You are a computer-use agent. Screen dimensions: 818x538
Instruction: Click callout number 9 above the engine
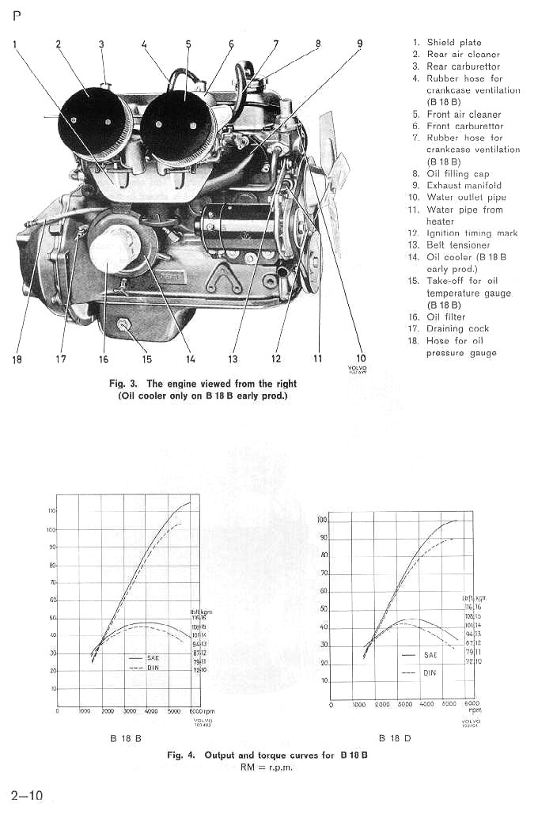coord(360,44)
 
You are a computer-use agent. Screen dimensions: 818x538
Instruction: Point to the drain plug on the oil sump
coord(124,324)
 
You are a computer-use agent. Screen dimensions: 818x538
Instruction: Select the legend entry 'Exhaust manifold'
coord(464,185)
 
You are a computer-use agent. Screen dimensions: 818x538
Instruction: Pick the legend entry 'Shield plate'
coord(453,42)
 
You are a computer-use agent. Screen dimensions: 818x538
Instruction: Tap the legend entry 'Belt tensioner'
coord(458,245)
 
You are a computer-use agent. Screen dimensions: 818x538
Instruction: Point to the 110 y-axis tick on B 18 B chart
coord(51,511)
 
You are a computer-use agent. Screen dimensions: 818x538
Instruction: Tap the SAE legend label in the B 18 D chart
coord(430,655)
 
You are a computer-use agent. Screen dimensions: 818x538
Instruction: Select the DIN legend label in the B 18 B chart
coord(153,668)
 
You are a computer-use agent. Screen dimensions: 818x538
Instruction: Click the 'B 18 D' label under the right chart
coord(393,738)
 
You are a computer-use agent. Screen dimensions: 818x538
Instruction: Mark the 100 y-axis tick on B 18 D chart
coord(322,521)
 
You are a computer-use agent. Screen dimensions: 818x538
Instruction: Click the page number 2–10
coord(27,795)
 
